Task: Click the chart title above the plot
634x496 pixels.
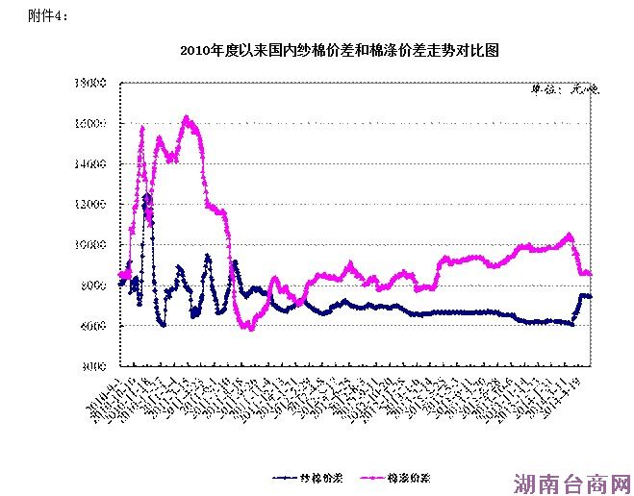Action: [x=339, y=51]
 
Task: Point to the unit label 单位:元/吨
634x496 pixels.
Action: [x=566, y=90]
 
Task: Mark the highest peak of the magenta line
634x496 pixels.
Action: [x=187, y=118]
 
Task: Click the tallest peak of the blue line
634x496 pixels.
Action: [x=147, y=195]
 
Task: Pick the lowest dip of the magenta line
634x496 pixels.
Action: [x=250, y=329]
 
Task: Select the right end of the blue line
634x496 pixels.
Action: [x=590, y=296]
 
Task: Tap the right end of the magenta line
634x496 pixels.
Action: [x=590, y=274]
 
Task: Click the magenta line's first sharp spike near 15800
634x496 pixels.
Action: [x=142, y=127]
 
